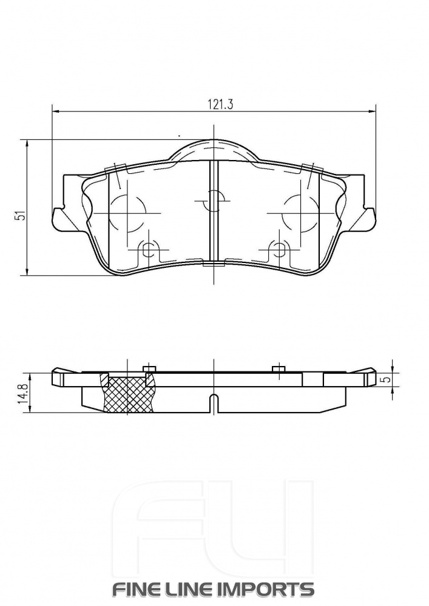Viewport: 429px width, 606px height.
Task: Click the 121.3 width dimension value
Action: point(214,104)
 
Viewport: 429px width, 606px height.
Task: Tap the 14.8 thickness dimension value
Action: point(22,394)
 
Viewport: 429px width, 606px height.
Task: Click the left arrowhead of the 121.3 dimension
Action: point(56,112)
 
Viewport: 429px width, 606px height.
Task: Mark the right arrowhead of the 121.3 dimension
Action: point(371,112)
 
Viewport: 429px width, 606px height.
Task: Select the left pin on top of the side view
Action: point(149,369)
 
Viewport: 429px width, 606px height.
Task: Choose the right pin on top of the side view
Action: point(279,369)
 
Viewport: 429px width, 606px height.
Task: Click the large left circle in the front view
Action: point(127,213)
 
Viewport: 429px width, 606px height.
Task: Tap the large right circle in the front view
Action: point(301,213)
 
